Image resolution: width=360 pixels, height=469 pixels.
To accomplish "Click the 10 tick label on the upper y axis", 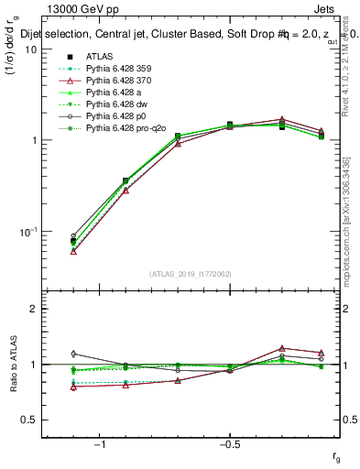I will [x=30, y=49].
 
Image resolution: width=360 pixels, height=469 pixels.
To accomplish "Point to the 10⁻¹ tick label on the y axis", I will [x=27, y=232].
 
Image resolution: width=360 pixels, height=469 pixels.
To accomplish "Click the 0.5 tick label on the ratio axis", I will [x=29, y=420].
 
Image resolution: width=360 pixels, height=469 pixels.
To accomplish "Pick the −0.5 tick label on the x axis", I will [x=228, y=444].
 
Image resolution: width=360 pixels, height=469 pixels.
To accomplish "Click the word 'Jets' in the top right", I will [x=337, y=7].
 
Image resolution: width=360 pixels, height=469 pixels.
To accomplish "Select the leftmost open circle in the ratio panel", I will [x=73, y=354].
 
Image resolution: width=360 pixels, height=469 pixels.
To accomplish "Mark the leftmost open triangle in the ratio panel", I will [x=73, y=387].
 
